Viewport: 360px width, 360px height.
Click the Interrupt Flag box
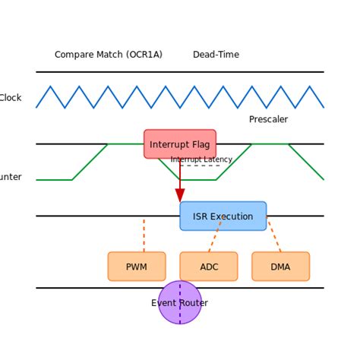[x=180, y=144]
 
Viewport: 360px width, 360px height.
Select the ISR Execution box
[x=223, y=216]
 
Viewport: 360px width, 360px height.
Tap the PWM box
[x=137, y=267]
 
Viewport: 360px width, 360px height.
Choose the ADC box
[x=209, y=267]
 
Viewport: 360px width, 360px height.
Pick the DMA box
[x=280, y=267]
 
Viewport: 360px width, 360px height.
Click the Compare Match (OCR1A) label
[x=109, y=55]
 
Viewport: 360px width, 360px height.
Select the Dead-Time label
[x=216, y=55]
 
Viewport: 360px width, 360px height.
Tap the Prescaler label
[x=268, y=119]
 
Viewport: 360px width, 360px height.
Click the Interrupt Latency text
[x=201, y=159]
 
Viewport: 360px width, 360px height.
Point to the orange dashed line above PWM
[x=144, y=235]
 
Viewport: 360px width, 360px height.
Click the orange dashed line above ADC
[x=215, y=235]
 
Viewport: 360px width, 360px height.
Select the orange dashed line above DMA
[x=274, y=235]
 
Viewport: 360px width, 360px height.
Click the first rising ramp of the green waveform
[x=90, y=162]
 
